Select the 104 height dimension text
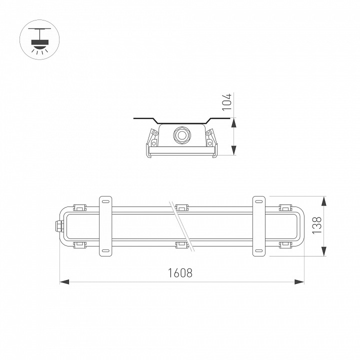(x=226, y=101)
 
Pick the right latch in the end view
(x=210, y=138)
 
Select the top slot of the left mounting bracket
(x=105, y=201)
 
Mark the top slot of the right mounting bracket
(x=258, y=201)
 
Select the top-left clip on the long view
(x=79, y=207)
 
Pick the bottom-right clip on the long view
(x=285, y=244)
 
